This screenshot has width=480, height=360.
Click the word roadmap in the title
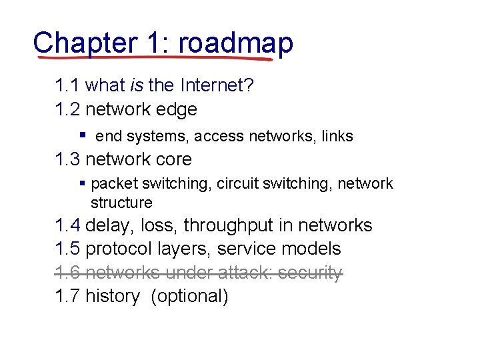click(236, 43)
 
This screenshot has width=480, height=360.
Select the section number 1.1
click(68, 85)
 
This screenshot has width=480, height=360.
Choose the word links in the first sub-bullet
click(337, 137)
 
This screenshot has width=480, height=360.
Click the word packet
click(117, 184)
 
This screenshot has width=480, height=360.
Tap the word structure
click(121, 203)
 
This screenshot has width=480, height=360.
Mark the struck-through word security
click(310, 273)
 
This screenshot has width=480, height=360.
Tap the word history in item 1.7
click(113, 296)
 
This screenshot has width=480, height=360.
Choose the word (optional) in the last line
click(190, 296)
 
